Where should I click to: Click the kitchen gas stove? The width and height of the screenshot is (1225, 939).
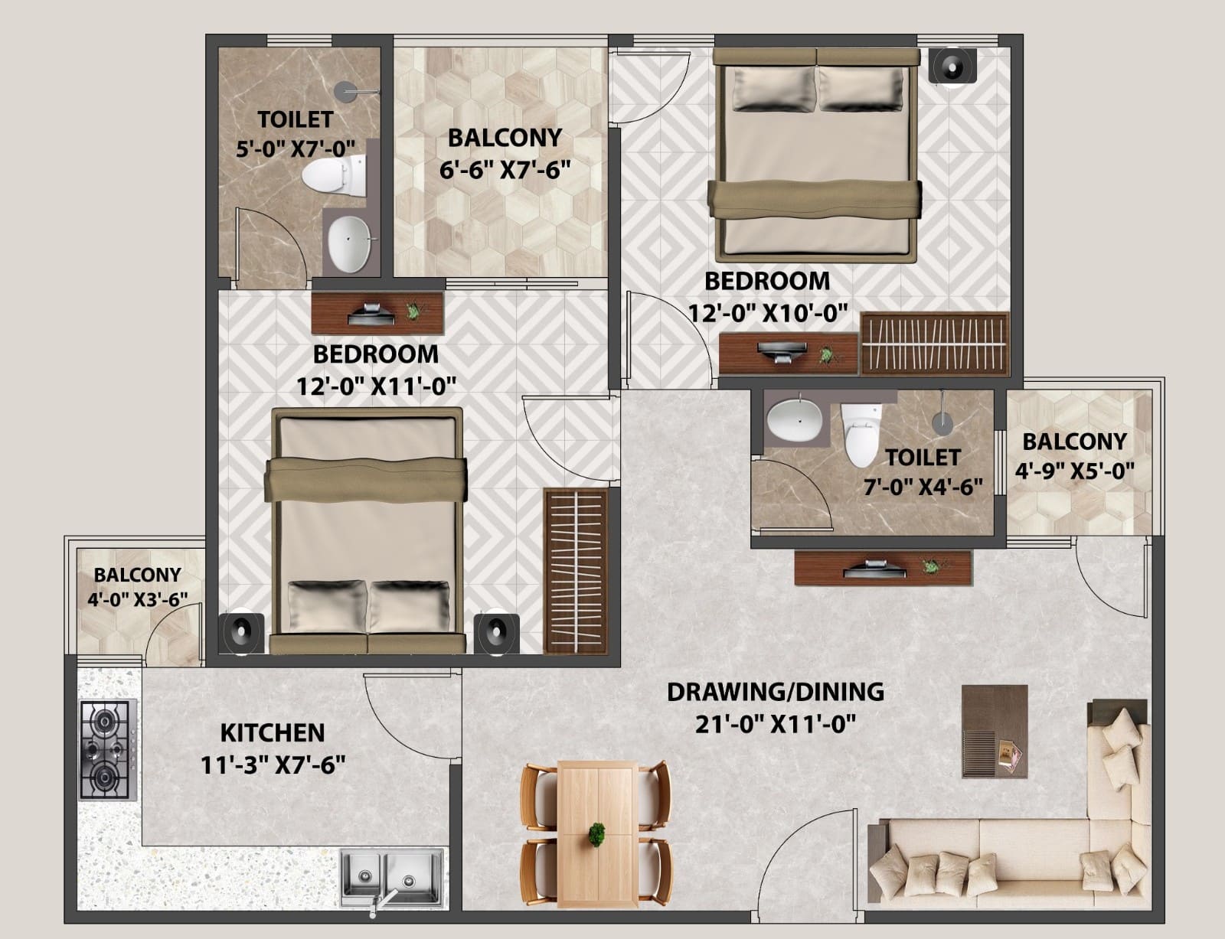coord(108,750)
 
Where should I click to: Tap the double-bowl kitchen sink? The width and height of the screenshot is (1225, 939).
coord(392,877)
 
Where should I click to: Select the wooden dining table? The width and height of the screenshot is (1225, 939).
coord(597,834)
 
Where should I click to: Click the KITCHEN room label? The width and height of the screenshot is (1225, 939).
coord(273,733)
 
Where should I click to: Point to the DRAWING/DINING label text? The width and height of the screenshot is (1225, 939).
coord(775,692)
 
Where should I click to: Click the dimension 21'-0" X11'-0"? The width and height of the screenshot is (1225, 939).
coord(775,724)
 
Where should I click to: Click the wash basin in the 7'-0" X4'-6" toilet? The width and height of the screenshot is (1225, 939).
coord(795,419)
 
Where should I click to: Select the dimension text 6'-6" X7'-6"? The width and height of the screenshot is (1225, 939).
coord(505,169)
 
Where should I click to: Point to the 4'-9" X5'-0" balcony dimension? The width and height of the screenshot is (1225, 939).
coord(1074,471)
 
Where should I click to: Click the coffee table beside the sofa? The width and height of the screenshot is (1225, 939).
coord(995,732)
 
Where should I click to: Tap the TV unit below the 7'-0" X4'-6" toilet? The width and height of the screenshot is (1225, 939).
coord(883,568)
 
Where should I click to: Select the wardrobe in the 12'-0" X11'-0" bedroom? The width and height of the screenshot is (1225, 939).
coord(576,572)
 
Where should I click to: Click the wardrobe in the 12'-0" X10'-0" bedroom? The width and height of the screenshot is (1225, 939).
coord(935,344)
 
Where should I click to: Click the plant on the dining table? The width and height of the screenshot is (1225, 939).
coord(596,834)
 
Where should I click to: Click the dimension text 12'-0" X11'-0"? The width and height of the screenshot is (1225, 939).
coord(376,386)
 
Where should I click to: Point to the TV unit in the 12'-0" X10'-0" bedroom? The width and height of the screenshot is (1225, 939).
coord(788,354)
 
